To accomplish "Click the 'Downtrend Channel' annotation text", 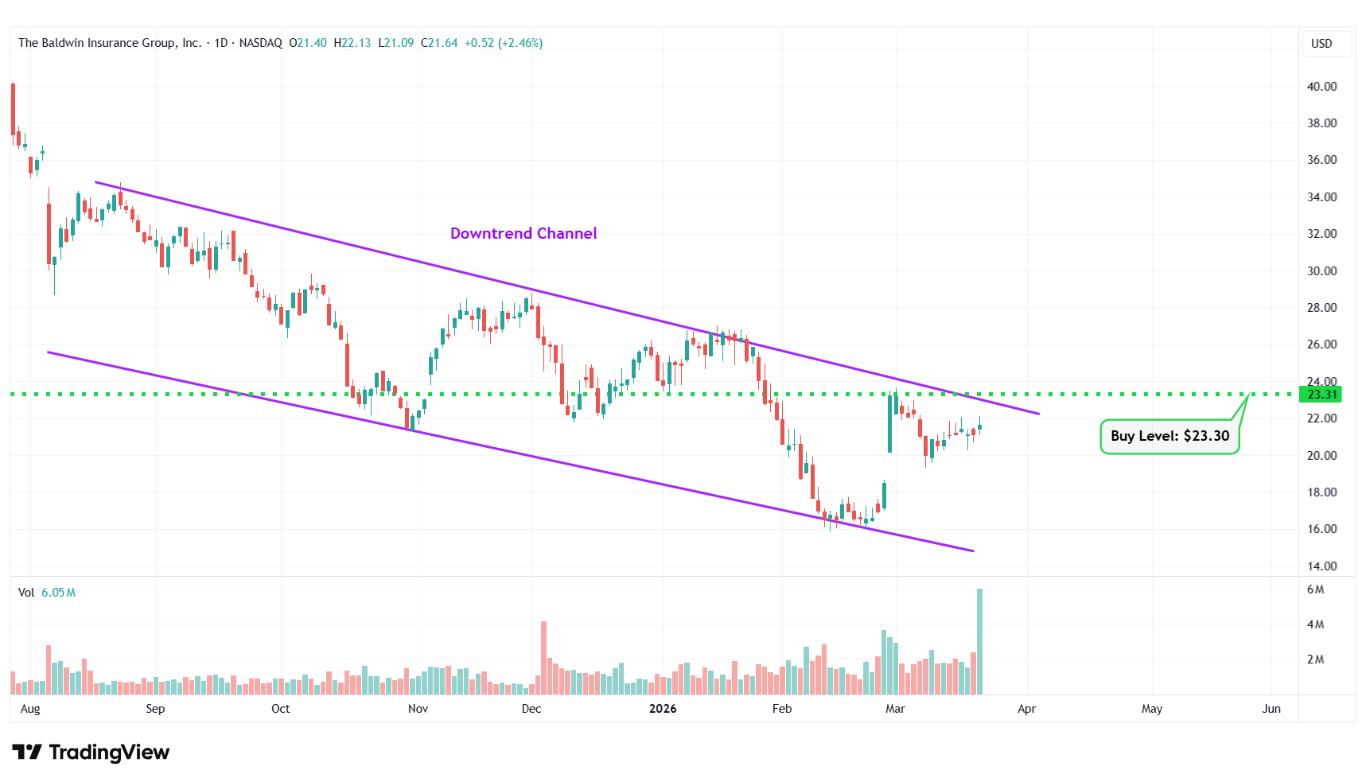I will [523, 233].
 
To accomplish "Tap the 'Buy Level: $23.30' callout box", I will [1169, 436].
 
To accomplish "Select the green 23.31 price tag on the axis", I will [1321, 395].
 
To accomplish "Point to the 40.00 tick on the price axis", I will [1321, 87].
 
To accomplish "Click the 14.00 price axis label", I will [1321, 566].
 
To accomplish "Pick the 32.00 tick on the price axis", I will [1321, 234].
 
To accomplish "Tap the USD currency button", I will [1321, 44].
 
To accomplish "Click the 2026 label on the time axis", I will [663, 709].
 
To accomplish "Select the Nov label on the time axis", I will [418, 709].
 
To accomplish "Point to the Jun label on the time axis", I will [1271, 709].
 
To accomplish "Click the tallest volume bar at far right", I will [979, 641].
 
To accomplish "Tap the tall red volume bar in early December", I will [544, 657].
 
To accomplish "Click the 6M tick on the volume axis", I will [1315, 589].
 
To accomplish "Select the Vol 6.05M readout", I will [47, 593].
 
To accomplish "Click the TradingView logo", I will [91, 753].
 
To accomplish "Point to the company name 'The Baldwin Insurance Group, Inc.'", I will [110, 43].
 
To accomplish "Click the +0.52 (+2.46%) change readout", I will [504, 43].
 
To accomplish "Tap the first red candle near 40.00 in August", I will [13, 109].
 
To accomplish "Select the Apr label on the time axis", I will [1026, 709].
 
